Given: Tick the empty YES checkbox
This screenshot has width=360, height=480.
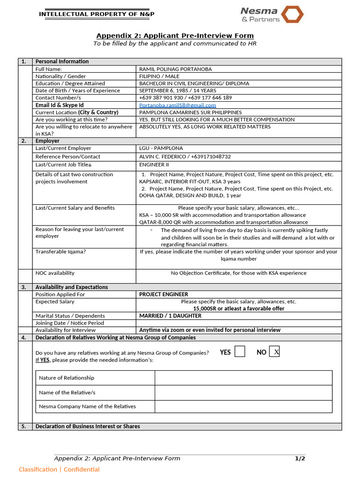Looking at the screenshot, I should [240, 352].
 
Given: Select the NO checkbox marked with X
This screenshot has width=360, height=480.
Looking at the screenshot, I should [275, 352].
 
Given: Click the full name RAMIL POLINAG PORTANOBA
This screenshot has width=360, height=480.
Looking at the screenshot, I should [175, 69].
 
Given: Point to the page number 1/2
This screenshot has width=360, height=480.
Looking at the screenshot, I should [300, 458].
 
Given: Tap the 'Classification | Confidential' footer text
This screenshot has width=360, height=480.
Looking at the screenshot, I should [59, 469].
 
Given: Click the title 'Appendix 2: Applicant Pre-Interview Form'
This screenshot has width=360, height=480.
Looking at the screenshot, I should [175, 36].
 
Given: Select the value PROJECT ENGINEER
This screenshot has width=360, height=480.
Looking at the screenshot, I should [164, 294].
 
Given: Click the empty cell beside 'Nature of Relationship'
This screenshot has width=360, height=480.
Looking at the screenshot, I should [243, 378].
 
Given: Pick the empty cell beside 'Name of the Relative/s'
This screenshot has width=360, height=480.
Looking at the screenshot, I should [243, 392].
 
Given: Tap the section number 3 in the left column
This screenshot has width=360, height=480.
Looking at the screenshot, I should [23, 287].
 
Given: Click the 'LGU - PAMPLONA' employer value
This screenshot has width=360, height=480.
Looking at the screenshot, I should [161, 148].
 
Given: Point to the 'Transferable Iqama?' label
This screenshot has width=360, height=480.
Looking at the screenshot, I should [60, 252].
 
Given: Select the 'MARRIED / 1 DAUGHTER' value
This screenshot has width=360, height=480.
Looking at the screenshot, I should [170, 316].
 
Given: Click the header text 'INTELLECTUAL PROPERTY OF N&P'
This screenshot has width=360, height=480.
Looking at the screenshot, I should [97, 14].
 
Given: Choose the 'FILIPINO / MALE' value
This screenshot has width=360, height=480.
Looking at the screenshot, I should [159, 76].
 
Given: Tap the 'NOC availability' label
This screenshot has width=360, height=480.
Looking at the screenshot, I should [55, 273].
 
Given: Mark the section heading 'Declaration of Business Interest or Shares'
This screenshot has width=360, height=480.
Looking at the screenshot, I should [88, 426].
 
